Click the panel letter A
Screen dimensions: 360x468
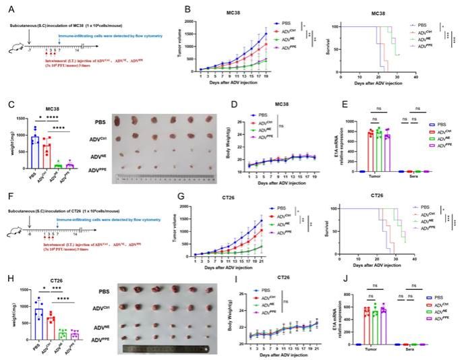click(8, 8)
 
